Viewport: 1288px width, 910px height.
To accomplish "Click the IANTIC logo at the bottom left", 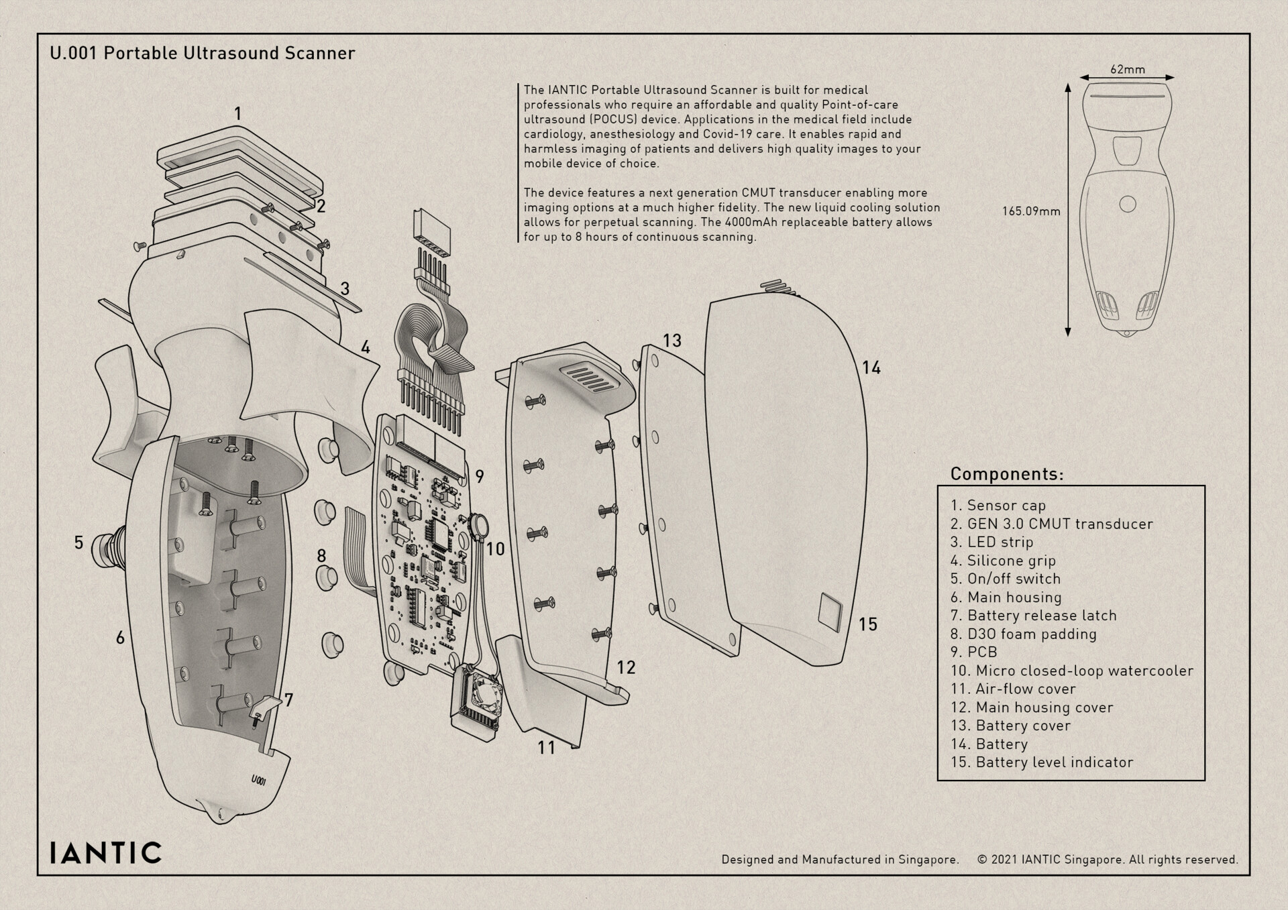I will [106, 852].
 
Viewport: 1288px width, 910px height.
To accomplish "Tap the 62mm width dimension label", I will [1127, 69].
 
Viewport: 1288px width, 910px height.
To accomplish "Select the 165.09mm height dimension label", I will [1031, 211].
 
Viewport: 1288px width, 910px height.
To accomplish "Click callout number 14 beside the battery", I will [871, 367].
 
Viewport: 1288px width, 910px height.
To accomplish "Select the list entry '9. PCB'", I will [973, 652].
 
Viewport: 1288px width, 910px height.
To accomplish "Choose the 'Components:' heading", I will [1006, 474].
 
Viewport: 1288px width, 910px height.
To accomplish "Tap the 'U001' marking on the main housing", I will [259, 781].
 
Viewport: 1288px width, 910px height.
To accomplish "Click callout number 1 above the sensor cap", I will [237, 114].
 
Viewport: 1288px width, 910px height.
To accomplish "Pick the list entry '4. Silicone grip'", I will [1003, 561].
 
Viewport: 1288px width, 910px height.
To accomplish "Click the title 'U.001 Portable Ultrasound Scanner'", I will [202, 53].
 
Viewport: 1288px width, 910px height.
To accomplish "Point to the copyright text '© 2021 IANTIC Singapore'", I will [1050, 860].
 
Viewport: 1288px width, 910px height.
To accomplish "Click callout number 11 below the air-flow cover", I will [546, 747].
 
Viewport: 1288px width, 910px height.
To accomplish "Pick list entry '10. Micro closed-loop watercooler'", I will [1071, 671].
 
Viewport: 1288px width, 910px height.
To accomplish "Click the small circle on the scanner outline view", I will [1128, 204].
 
